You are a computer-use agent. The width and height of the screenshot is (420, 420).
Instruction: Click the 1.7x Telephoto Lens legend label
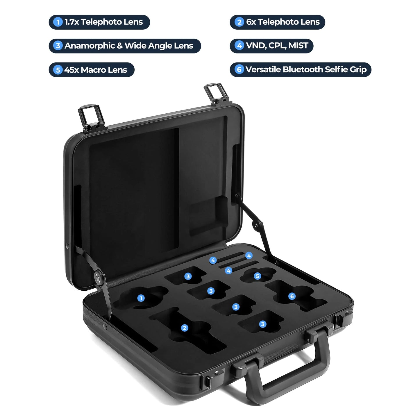coord(99,22)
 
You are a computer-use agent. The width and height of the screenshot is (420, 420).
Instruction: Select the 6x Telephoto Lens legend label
coord(277,22)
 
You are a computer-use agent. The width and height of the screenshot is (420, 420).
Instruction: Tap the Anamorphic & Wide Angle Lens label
coord(125,46)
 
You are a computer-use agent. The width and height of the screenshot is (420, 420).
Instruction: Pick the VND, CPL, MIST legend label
coord(271,46)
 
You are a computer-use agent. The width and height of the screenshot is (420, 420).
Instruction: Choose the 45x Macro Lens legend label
coord(92,70)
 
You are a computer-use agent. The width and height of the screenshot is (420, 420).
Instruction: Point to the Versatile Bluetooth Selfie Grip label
coord(301,70)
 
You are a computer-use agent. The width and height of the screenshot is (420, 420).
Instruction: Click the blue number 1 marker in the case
coord(141,298)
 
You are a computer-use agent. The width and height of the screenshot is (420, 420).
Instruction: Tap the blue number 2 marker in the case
coord(184,328)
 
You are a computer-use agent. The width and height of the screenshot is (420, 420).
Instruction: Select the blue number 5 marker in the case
coord(257,276)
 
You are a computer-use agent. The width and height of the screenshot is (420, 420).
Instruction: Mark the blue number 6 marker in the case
coord(292,296)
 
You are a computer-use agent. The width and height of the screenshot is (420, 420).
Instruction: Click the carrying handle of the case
coord(288,375)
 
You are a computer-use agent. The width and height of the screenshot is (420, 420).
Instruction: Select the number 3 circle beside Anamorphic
coord(58,46)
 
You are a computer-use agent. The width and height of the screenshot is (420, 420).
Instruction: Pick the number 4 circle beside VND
coord(239,46)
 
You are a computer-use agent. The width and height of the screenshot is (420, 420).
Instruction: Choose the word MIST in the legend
coord(298,46)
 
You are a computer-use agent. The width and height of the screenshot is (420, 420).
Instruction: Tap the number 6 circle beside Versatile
coord(239,70)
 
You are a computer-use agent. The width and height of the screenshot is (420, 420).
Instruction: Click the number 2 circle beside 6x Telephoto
coord(239,22)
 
